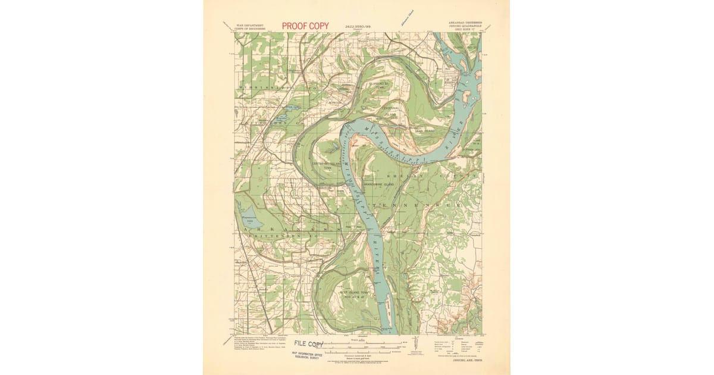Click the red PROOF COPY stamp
305,26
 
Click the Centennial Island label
390,111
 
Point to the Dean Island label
425,130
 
